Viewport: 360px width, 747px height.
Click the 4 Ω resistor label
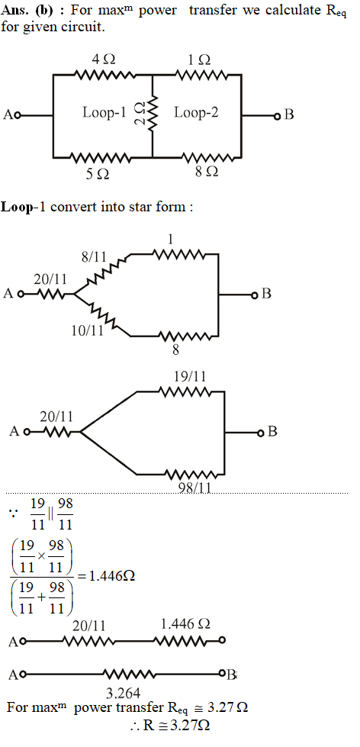click(x=103, y=60)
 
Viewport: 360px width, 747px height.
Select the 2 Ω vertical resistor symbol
click(x=153, y=114)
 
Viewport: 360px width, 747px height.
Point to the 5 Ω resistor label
click(x=98, y=175)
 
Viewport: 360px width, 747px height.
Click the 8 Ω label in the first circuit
click(x=207, y=172)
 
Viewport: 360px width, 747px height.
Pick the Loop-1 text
click(x=104, y=112)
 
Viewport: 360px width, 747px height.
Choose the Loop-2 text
click(x=196, y=112)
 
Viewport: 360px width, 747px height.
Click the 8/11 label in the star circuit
click(x=93, y=257)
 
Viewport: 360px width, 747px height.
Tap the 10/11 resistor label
click(x=88, y=330)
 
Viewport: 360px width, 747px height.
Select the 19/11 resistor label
click(x=190, y=376)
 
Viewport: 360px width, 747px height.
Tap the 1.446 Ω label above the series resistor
click(x=185, y=623)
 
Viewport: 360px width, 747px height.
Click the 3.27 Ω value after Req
click(x=230, y=707)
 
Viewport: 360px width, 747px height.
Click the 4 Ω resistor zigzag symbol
click(x=103, y=75)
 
